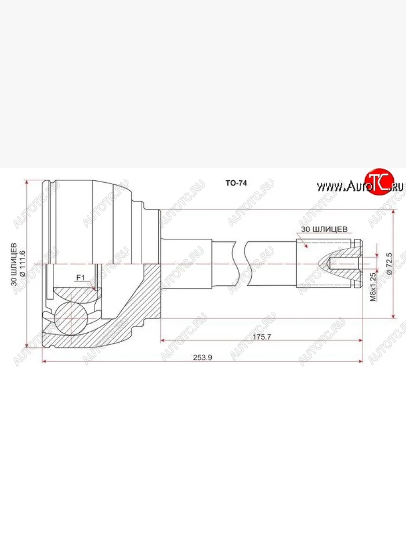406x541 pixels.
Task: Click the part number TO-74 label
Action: pos(236,183)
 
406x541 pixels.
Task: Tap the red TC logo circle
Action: pos(379,181)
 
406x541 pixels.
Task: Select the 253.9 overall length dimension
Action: pos(203,358)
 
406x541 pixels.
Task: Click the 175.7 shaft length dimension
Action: pos(262,337)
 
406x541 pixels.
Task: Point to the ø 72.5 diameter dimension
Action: pos(389,263)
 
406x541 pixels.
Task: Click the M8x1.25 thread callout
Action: pos(373,287)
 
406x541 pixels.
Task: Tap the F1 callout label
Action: pos(80,278)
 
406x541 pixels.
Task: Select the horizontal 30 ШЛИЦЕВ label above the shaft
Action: pos(324,229)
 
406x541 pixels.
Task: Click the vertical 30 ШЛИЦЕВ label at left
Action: pos(14,265)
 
